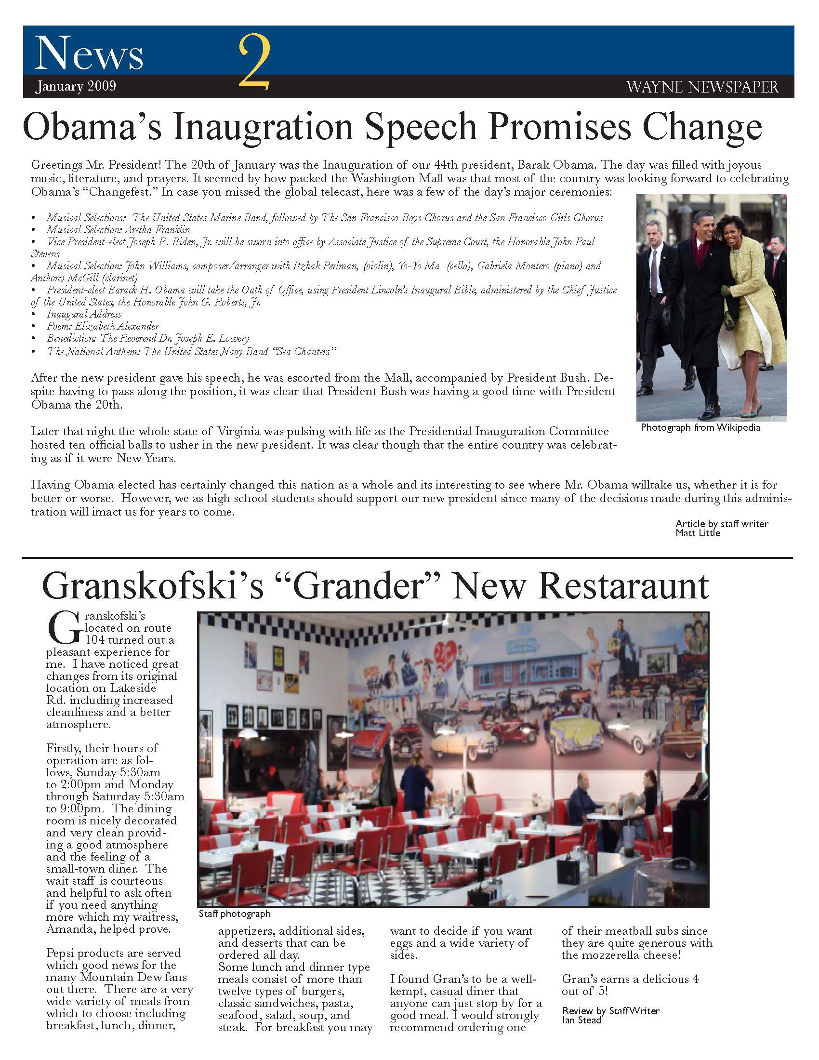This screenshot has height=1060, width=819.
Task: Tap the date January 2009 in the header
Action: tap(75, 86)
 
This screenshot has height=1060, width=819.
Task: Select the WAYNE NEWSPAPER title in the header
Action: tap(702, 87)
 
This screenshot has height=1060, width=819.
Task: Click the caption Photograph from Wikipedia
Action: tap(700, 427)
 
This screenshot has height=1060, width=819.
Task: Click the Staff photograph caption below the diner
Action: tap(234, 914)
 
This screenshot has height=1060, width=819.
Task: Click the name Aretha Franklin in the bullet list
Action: tap(157, 229)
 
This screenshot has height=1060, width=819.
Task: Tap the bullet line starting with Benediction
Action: tap(147, 338)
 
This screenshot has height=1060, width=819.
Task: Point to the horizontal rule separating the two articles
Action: tap(408, 558)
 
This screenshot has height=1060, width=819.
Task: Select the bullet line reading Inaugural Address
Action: tap(83, 314)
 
